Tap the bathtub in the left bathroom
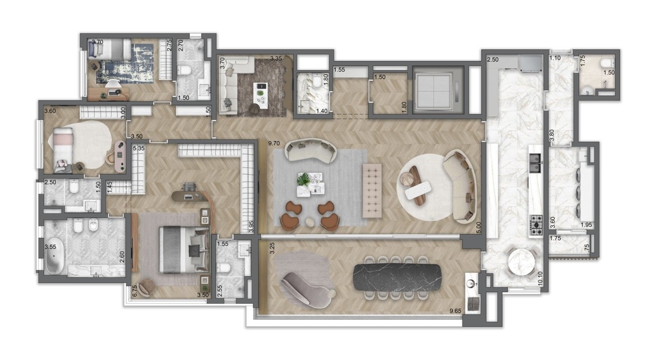(54, 256)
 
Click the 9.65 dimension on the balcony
(455, 311)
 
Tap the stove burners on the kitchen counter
(535, 224)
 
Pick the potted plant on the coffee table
(304, 179)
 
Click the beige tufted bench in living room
(372, 190)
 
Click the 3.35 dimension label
(276, 59)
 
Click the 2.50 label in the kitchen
(492, 60)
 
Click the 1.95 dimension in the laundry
(586, 224)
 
